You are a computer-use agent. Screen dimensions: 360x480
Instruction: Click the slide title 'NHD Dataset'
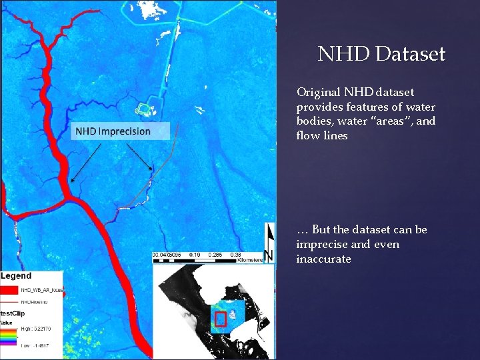[381, 54]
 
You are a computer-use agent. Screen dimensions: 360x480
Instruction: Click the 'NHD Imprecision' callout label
[113, 131]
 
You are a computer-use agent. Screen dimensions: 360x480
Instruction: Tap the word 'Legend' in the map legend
[16, 276]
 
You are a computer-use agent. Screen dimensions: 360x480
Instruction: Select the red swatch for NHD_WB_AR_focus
[9, 290]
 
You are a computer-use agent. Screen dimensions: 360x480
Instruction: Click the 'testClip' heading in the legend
[13, 312]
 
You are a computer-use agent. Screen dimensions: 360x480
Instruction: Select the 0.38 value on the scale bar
[236, 255]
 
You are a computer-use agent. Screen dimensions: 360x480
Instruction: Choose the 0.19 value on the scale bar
[194, 255]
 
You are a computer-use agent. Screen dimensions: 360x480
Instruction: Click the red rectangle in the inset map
[221, 319]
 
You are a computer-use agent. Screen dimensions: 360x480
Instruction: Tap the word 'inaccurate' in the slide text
[323, 259]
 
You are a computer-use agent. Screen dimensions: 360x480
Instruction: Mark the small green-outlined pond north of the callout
[144, 109]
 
